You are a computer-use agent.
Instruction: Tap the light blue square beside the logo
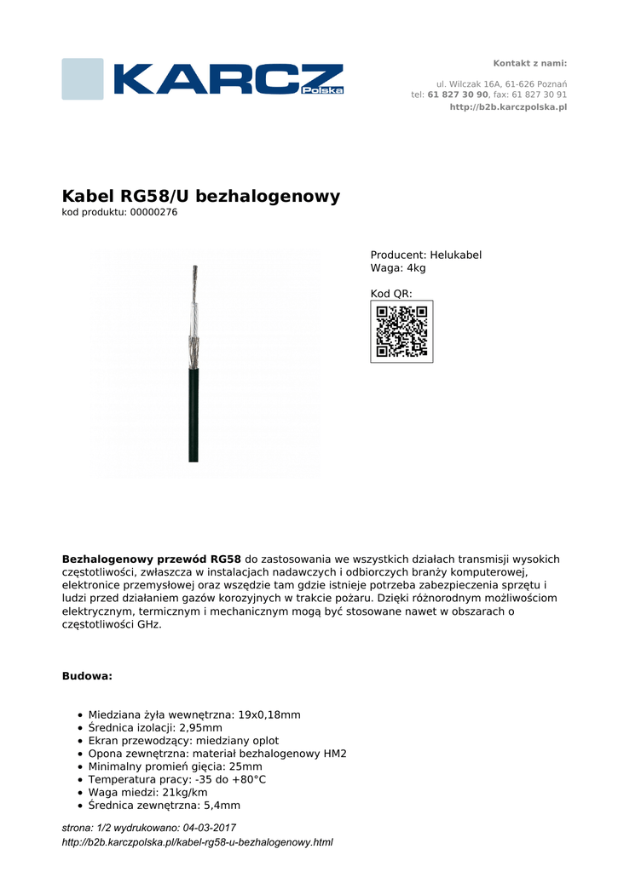83,79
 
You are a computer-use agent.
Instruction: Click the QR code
401,331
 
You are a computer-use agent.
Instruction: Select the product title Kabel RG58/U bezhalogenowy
201,197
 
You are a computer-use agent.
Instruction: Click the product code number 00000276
153,213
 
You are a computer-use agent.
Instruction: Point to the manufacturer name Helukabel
455,255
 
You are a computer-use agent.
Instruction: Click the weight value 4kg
416,268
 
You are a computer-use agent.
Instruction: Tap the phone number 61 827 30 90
458,95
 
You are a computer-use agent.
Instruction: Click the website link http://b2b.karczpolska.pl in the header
508,107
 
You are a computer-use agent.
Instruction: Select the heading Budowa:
87,676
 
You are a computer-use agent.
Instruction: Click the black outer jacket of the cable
194,417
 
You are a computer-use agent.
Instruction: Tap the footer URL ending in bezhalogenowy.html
197,842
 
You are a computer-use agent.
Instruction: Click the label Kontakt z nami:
530,64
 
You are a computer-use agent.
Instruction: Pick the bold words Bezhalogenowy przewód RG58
152,559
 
